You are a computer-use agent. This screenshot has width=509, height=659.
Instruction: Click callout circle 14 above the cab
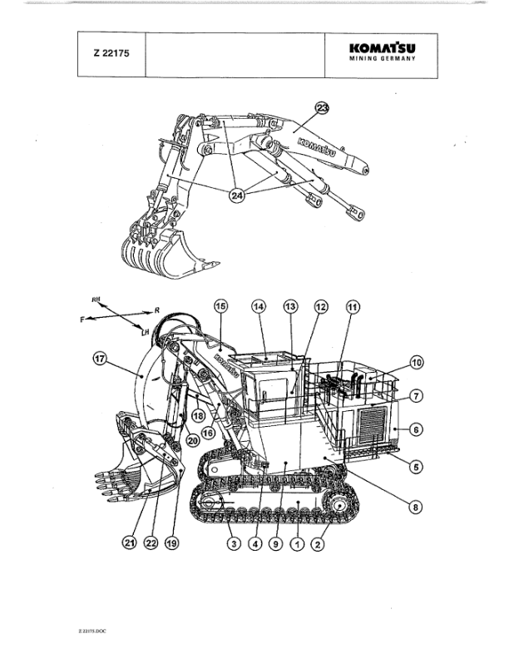pos(259,306)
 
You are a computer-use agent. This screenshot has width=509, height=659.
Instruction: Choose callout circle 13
pos(290,306)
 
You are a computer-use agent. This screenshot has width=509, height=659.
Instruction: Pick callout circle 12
pos(321,306)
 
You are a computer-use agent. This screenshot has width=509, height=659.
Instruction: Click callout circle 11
pos(353,306)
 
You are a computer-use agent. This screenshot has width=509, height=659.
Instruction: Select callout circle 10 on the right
pos(417,362)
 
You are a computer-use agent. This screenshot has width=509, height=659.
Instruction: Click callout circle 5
pos(417,466)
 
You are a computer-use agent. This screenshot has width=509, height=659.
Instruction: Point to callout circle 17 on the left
pos(100,359)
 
